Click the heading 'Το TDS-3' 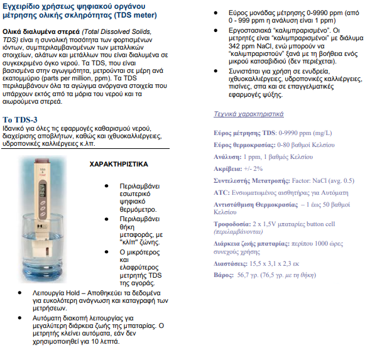coord(19,120)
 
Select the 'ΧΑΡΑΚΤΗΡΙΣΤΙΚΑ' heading coord(119,164)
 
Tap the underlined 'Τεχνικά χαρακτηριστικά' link coord(249,114)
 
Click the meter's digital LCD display coord(42,190)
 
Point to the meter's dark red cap coord(42,161)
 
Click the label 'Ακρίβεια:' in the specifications coord(228,169)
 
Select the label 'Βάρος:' coord(224,275)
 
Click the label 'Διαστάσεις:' coord(231,264)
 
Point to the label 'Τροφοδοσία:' coord(232,224)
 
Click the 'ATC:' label coord(222,193)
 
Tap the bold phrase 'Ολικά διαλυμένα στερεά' coord(41,31)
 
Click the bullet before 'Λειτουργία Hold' coord(19,293)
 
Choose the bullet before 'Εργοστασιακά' coord(215,30)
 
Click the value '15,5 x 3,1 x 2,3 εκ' coord(274,264)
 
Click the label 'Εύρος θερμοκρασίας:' coord(244,145)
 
